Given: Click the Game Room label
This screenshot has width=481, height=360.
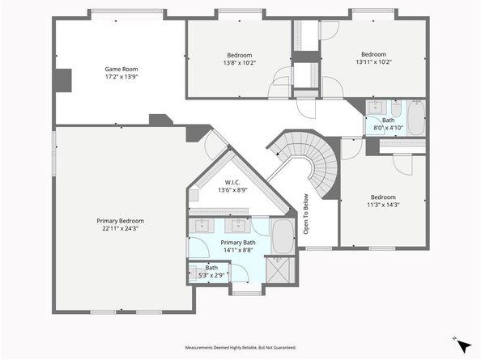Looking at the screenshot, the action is (x=121, y=69).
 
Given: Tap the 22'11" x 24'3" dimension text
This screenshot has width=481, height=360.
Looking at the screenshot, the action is (x=120, y=228).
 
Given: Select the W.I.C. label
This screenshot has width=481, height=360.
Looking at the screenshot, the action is (x=232, y=183).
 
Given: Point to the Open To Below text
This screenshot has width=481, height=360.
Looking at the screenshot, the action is (x=306, y=214).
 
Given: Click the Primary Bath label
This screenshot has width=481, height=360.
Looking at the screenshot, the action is (x=238, y=243).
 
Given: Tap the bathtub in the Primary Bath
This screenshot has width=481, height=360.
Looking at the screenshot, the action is (x=283, y=236).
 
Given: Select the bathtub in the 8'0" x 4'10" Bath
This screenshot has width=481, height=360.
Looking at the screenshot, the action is (x=416, y=117).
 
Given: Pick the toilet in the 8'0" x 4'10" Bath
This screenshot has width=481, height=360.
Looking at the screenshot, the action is (x=396, y=108).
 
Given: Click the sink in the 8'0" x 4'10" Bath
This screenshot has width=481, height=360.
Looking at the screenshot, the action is (x=376, y=108).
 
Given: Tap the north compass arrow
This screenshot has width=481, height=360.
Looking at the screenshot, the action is (x=464, y=346).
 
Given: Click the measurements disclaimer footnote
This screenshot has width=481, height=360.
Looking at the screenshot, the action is (x=240, y=347).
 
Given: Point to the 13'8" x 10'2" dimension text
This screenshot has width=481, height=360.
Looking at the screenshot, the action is (x=240, y=63).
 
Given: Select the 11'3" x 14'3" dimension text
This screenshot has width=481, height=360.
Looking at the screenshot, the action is (x=383, y=205).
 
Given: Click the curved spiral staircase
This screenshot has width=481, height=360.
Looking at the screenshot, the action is (x=310, y=159).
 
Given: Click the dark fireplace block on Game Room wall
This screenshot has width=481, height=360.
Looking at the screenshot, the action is (x=63, y=80).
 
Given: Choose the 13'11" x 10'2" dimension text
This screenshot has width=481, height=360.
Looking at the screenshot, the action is (x=373, y=62).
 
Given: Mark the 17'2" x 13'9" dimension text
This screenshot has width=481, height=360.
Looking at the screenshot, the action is (x=121, y=77).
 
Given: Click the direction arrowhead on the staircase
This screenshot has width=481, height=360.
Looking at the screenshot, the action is (x=278, y=153).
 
